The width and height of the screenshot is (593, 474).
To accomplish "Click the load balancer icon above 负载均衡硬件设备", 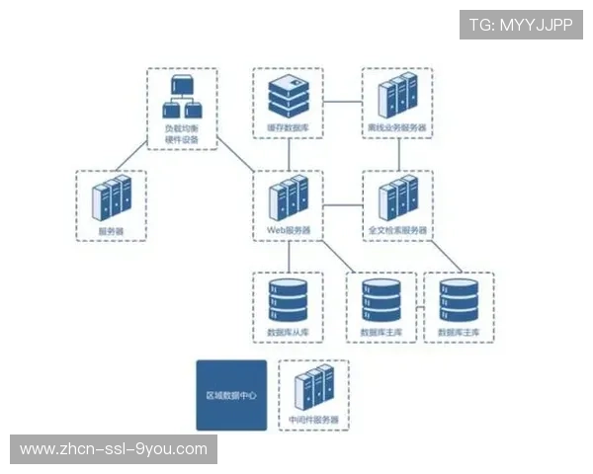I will pyautogui.click(x=181, y=96).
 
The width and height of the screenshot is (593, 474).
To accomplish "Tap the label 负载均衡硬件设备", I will pyautogui.click(x=181, y=133).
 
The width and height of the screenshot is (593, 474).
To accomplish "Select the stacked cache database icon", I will pyautogui.click(x=288, y=95).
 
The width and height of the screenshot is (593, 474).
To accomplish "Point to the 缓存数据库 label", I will pyautogui.click(x=288, y=128).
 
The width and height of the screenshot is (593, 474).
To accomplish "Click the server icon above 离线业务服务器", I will pyautogui.click(x=398, y=96).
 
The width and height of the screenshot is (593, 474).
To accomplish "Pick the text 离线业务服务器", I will pyautogui.click(x=398, y=128).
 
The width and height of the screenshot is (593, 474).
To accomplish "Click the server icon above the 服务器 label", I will pyautogui.click(x=111, y=197).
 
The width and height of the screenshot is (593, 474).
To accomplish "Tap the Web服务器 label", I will pyautogui.click(x=289, y=230).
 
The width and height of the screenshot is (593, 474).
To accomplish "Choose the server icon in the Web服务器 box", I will pyautogui.click(x=289, y=197).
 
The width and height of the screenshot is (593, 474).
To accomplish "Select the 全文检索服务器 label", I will pyautogui.click(x=398, y=230).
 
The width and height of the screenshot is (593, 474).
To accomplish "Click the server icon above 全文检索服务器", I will pyautogui.click(x=398, y=197).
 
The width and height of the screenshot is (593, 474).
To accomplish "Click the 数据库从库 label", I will pyautogui.click(x=289, y=333).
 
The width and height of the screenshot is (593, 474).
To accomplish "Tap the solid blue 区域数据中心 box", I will pyautogui.click(x=231, y=395).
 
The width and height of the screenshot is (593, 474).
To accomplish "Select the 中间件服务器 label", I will pyautogui.click(x=315, y=420).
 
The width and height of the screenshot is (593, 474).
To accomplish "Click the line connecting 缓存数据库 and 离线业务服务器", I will pyautogui.click(x=343, y=101).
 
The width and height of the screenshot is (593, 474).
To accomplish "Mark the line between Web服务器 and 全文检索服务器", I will pyautogui.click(x=343, y=204).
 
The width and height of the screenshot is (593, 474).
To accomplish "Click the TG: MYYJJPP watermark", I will pyautogui.click(x=520, y=25).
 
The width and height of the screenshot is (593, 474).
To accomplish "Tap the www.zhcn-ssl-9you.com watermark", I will pyautogui.click(x=114, y=449).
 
